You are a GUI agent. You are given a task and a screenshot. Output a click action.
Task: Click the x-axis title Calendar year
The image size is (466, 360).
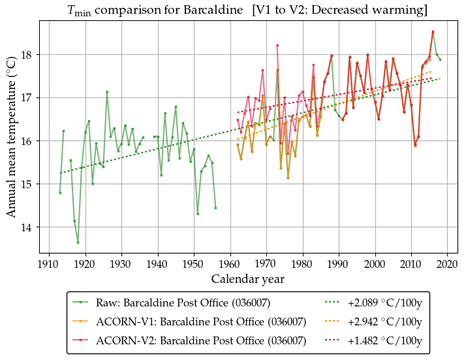pyautogui.click(x=247, y=279)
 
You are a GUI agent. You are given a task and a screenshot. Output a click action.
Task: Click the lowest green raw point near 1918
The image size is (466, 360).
pyautogui.click(x=78, y=242)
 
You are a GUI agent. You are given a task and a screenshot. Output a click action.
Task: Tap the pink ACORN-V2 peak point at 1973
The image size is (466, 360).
pyautogui.click(x=277, y=45)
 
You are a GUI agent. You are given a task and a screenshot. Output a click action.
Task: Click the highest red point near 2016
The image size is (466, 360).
pyautogui.click(x=433, y=31)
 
